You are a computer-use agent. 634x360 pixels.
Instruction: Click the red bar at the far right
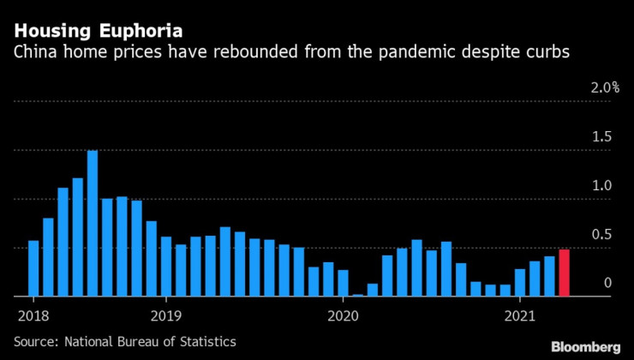[x=564, y=273]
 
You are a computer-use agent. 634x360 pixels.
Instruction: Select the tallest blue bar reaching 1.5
[x=93, y=223]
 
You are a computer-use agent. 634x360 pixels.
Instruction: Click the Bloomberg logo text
[x=585, y=346]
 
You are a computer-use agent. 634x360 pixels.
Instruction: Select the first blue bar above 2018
[x=33, y=268]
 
